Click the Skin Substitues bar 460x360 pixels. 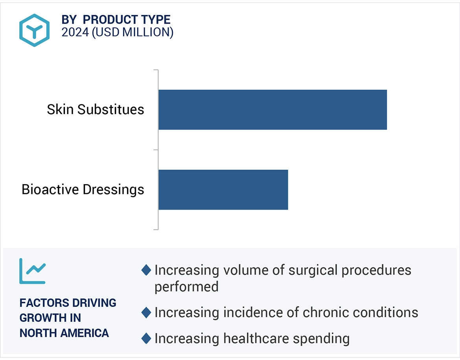click(272, 110)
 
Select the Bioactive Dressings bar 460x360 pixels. click(223, 190)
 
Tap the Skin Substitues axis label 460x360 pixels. click(96, 109)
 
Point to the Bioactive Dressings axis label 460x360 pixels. click(83, 190)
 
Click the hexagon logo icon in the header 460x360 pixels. click(35, 30)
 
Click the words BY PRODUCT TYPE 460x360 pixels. click(116, 20)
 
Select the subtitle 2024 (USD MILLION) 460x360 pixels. click(117, 32)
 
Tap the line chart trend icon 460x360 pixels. click(33, 271)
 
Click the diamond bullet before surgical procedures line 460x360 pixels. click(146, 270)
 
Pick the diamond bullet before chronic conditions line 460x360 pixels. click(146, 312)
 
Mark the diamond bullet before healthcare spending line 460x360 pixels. click(146, 338)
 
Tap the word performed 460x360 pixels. click(186, 286)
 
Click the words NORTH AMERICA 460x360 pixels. click(64, 333)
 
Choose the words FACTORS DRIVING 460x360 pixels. click(68, 303)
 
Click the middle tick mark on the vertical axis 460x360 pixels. click(156, 150)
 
